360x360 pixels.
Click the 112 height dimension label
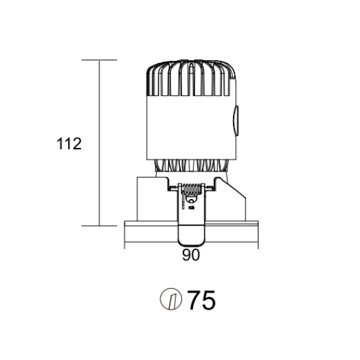[x=69, y=144]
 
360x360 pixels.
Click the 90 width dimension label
[x=190, y=255]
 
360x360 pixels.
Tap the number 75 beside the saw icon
[x=202, y=300]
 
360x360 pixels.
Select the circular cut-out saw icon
[x=171, y=299]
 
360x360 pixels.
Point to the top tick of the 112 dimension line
[x=99, y=60]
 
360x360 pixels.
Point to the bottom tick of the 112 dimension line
[x=99, y=226]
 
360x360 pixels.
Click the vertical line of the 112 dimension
[x=99, y=143]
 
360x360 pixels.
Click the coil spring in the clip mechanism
[x=191, y=189]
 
